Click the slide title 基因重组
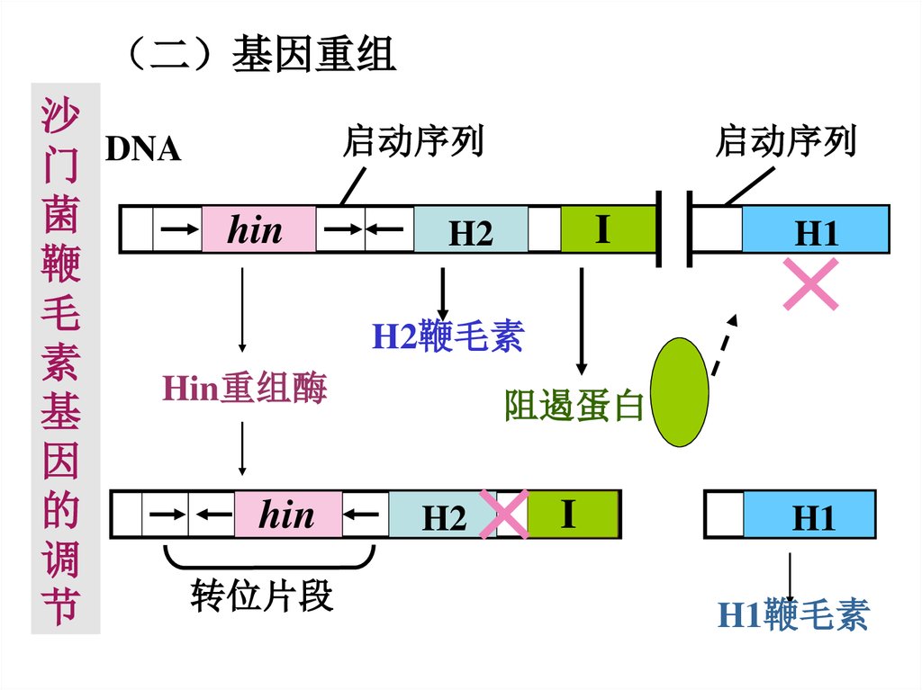click(313, 55)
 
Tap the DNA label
click(143, 149)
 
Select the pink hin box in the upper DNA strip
click(258, 230)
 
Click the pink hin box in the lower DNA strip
click(288, 515)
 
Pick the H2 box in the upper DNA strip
click(471, 230)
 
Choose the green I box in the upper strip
click(608, 229)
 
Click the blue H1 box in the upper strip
click(815, 230)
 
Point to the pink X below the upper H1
click(811, 283)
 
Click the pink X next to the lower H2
click(504, 515)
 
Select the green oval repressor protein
click(680, 391)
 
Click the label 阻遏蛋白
click(574, 406)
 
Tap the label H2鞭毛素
click(447, 337)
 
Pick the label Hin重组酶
click(244, 389)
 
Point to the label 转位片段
click(262, 596)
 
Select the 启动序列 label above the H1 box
click(785, 141)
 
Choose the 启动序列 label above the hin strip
click(412, 141)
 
